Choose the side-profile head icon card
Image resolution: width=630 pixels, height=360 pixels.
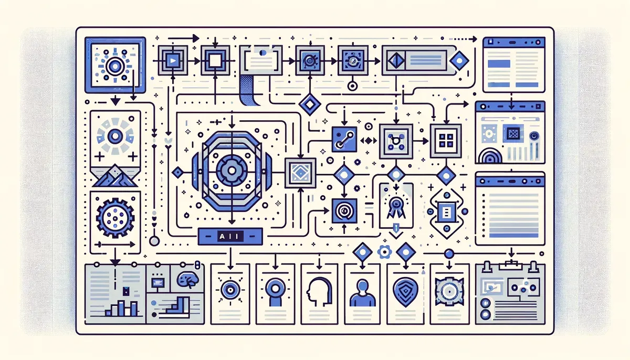pos(317,290)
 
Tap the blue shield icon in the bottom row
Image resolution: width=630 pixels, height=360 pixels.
pos(405,290)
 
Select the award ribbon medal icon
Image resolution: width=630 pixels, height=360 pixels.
pos(394,206)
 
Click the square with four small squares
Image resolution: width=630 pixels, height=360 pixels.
pos(445,140)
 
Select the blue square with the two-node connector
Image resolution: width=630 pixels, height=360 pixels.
pos(344,140)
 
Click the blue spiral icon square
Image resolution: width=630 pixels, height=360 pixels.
pos(344,212)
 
